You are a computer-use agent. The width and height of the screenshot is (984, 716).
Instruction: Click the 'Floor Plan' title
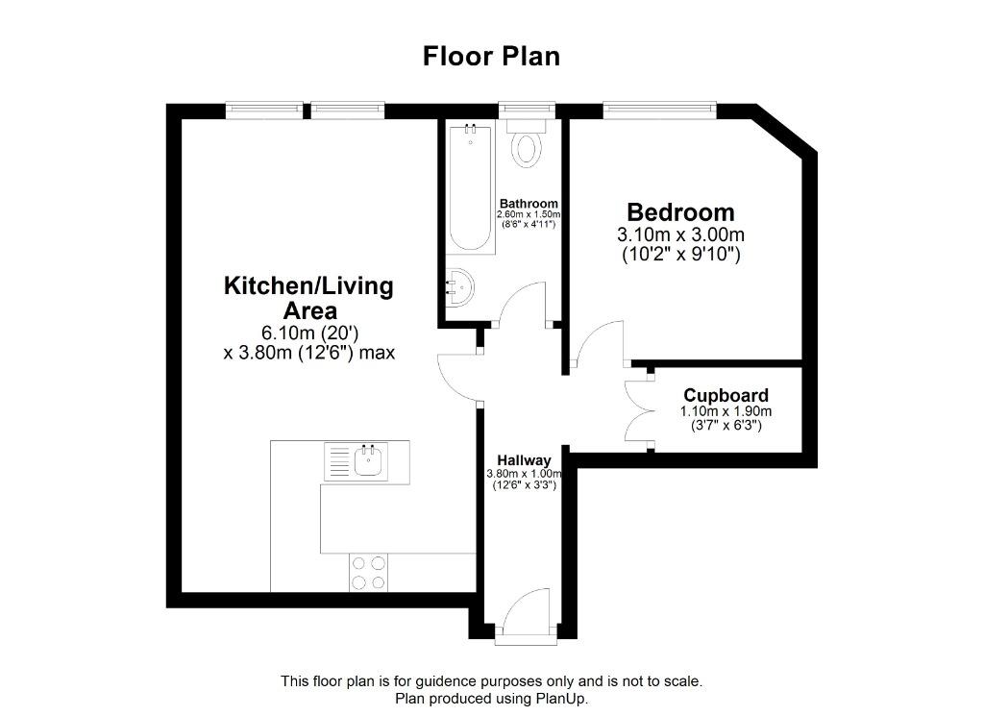coord(491,56)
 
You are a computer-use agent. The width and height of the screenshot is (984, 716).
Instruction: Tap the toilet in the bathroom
coord(527,143)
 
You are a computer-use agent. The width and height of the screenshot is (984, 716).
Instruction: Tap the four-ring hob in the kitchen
coord(368,572)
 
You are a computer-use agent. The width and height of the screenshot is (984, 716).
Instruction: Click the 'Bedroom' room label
coord(680,212)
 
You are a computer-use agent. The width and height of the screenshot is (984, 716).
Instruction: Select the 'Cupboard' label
coord(726,395)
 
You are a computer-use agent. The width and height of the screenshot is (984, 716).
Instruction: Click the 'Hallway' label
coord(524,460)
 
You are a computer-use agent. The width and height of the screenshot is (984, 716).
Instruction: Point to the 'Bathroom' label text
coord(529,204)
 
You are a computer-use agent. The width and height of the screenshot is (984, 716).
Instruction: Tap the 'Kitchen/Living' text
coord(308,285)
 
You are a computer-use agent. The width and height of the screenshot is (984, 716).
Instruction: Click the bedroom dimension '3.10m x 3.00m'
coord(681,235)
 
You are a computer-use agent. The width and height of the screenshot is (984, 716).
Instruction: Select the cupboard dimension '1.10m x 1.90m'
coord(726,411)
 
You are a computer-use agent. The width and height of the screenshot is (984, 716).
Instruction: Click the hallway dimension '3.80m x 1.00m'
coord(524,473)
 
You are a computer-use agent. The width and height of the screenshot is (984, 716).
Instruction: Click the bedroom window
coord(659,111)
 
